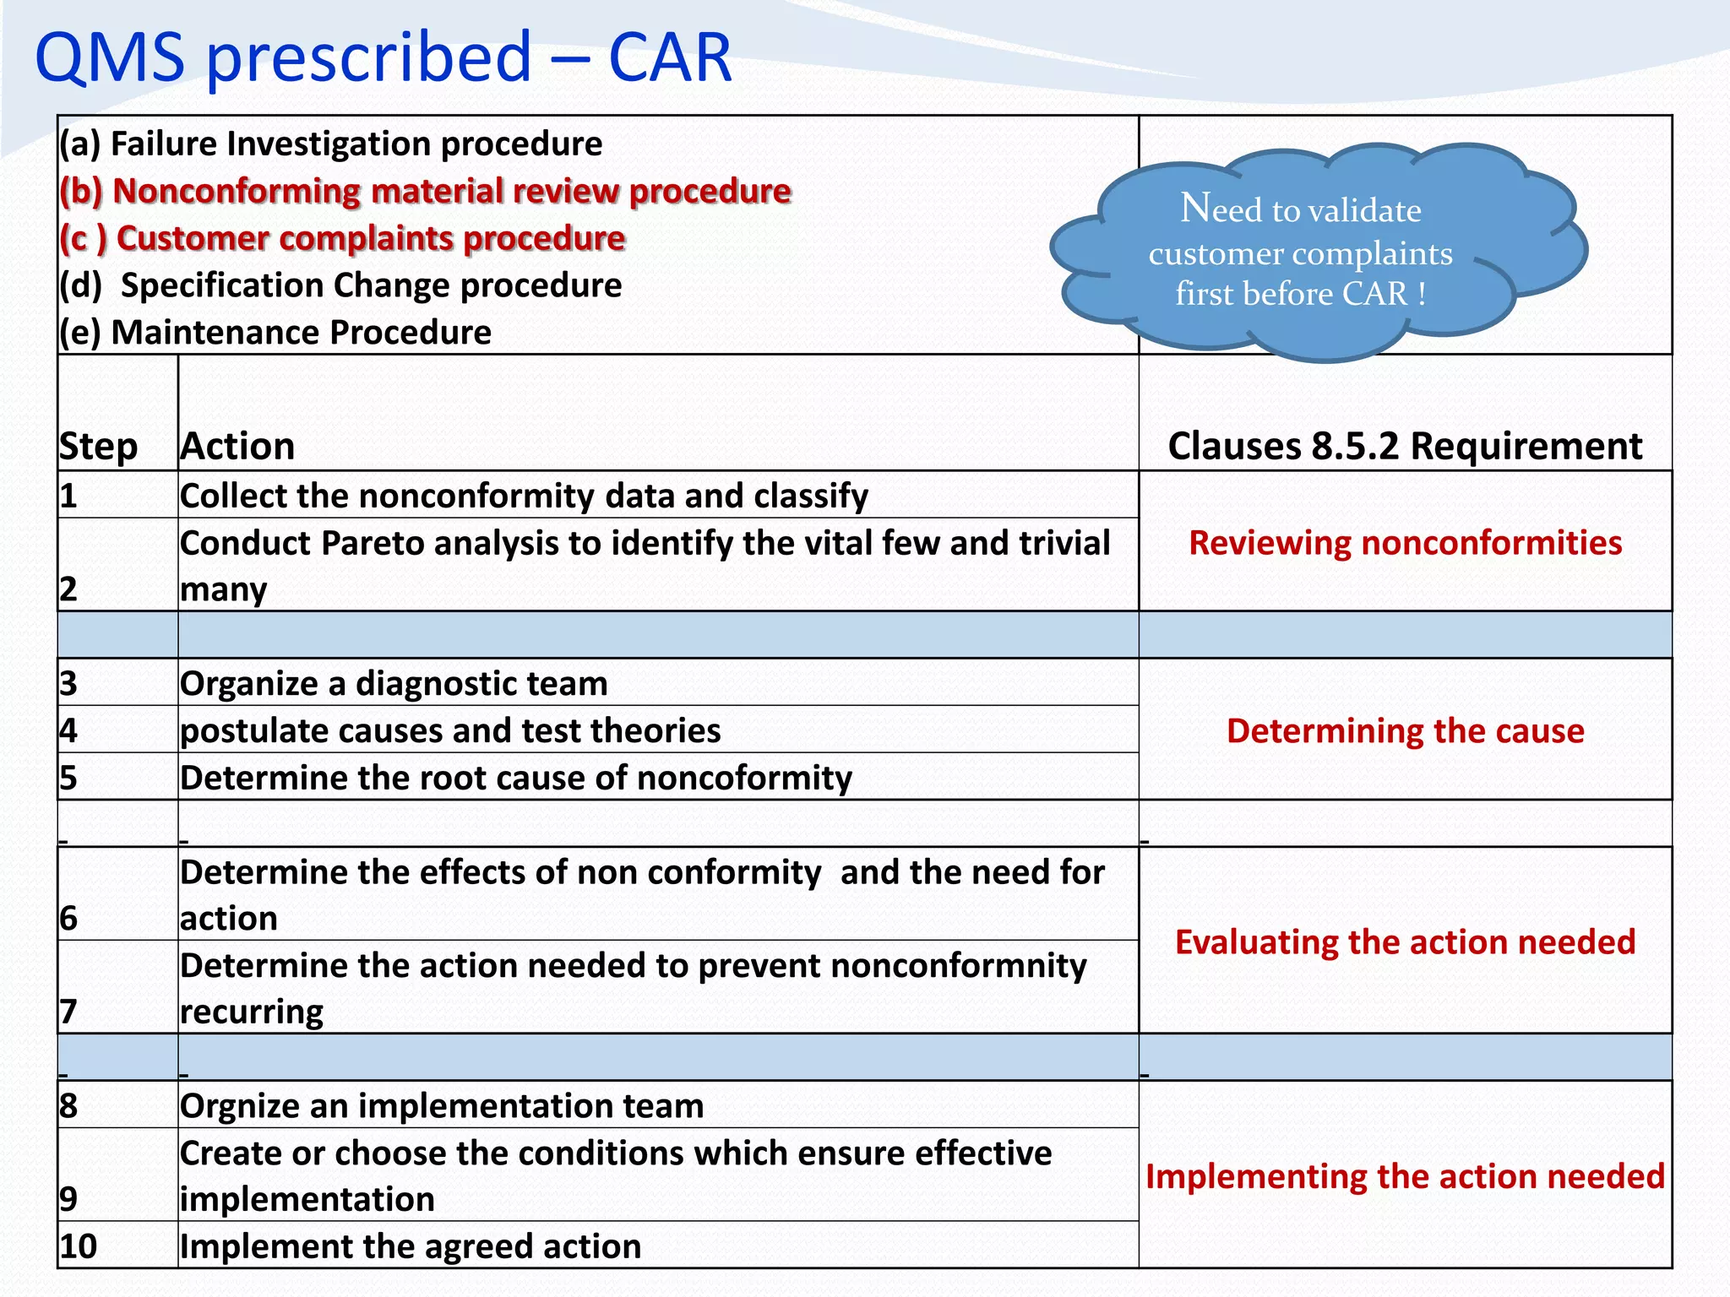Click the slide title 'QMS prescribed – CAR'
pos(383,57)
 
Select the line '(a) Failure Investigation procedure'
pos(330,144)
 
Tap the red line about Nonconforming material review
pos(425,191)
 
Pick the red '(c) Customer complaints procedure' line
pos(342,238)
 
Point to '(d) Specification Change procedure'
pos(340,285)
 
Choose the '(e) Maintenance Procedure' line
pos(275,332)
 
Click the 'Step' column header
pos(98,446)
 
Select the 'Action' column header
pos(238,446)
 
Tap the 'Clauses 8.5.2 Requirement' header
pos(1405,446)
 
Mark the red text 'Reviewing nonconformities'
pos(1405,542)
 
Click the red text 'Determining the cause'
pos(1405,730)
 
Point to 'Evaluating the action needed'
pos(1405,942)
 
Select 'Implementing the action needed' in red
pos(1405,1176)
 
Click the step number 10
pos(79,1246)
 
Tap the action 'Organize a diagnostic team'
pos(394,683)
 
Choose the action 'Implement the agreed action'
pos(411,1246)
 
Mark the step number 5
pos(68,778)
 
